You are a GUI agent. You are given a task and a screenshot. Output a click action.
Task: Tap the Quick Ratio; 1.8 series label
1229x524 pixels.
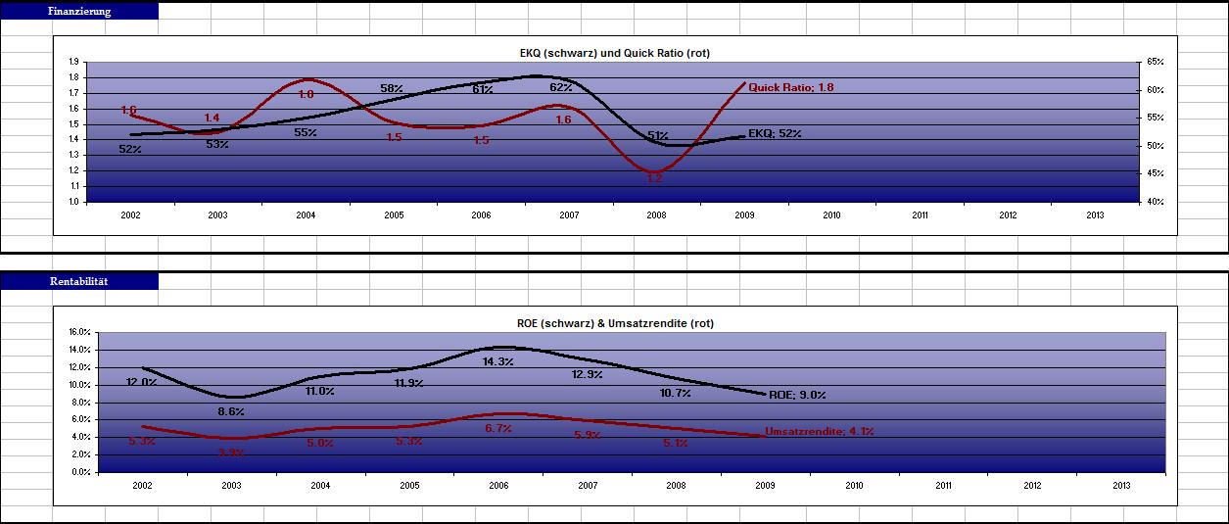(790, 87)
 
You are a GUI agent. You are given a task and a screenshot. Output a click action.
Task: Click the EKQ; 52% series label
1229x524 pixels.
(775, 133)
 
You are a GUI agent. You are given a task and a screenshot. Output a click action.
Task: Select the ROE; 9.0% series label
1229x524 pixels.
(797, 395)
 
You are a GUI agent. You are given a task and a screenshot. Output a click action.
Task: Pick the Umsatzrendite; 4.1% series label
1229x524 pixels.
(818, 431)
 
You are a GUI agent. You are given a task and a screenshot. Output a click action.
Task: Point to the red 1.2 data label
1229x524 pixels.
(654, 178)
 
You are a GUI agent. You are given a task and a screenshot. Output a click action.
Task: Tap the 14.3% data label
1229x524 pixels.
(497, 361)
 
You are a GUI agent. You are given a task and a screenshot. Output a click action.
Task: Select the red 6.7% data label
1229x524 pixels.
(497, 429)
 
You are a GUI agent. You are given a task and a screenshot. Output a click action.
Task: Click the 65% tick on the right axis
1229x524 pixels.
(1153, 62)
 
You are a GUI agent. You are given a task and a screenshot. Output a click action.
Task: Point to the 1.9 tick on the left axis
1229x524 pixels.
(73, 62)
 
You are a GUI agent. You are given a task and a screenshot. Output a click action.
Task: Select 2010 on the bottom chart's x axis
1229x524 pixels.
(854, 485)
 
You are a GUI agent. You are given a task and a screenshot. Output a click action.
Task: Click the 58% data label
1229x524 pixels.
(392, 89)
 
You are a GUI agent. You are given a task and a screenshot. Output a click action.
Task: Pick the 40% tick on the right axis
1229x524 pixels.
(1153, 202)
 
